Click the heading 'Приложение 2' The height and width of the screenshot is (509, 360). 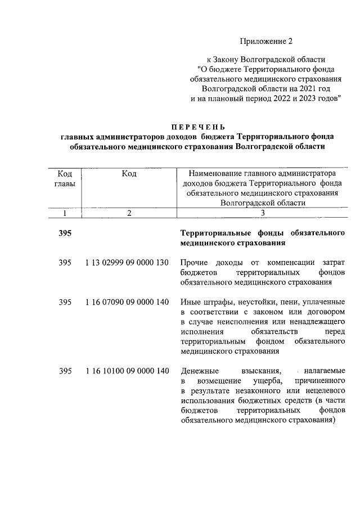267,41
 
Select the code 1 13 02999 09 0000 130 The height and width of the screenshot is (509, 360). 127,262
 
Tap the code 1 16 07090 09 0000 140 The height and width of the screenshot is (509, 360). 127,302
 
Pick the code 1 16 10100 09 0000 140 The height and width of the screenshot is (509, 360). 127,371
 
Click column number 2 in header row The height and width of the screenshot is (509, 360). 129,213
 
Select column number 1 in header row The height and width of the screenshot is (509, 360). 65,213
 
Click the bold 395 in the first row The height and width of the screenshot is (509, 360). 65,233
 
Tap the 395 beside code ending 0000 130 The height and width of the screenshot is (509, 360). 65,262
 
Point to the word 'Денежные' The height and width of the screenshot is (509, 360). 199,371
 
